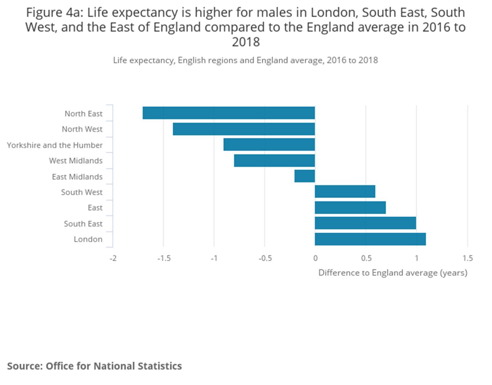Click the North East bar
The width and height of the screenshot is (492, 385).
point(229,113)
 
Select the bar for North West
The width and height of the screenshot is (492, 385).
point(244,129)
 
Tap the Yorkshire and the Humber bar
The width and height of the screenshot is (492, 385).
point(269,145)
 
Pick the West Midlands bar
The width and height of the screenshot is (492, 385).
point(274,161)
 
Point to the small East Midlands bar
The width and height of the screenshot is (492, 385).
point(305,176)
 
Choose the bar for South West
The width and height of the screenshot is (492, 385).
point(345,192)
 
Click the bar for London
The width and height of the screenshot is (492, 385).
point(370,239)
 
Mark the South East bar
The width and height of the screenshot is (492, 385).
point(365,223)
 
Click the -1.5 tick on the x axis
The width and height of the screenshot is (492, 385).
point(164,258)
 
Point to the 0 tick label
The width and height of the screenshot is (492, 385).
point(315,258)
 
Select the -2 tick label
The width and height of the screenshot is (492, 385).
point(113,258)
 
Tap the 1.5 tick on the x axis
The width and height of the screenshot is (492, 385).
point(468,258)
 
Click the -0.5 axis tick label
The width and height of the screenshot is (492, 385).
point(265,258)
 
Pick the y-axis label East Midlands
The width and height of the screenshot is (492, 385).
point(77,177)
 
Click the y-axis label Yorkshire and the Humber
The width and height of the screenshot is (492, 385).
point(54,145)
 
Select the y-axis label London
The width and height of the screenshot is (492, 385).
point(88,239)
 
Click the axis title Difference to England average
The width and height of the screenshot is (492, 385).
point(393,273)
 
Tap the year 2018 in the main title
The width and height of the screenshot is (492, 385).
point(246,42)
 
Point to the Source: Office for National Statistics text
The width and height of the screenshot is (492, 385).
point(94,366)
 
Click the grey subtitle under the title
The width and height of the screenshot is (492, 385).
point(245,60)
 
